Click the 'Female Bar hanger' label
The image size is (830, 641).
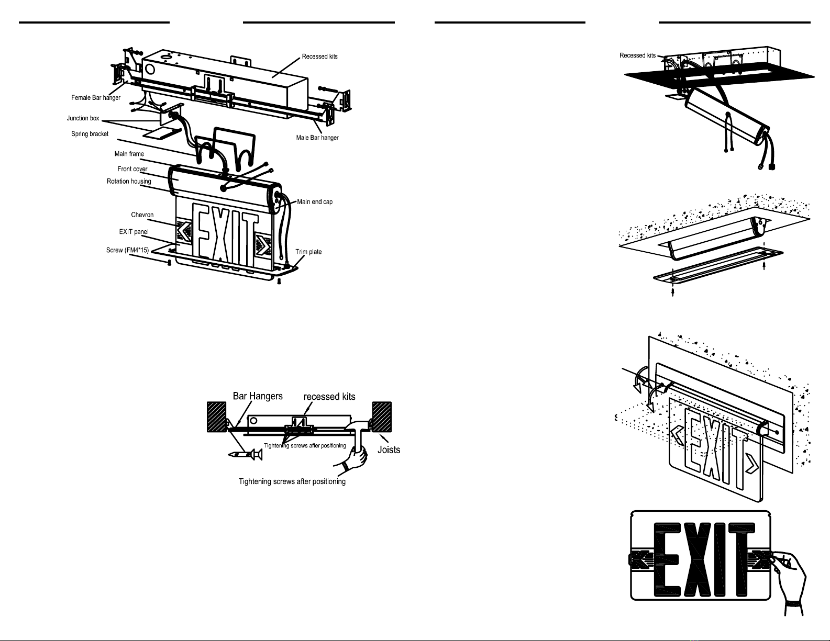96,98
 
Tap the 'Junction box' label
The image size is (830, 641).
83,118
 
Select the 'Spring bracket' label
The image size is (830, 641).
90,134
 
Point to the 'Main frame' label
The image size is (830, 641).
129,154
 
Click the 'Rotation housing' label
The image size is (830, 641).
129,181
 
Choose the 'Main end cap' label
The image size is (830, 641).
315,202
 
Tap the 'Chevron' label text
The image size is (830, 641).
142,215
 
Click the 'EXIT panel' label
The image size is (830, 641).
134,232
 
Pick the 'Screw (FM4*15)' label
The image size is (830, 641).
128,250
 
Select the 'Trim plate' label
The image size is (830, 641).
308,252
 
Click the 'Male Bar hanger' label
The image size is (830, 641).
317,138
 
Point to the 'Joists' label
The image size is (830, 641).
389,450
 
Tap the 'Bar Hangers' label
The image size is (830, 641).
258,396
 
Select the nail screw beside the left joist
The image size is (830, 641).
245,454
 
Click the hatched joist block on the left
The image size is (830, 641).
217,417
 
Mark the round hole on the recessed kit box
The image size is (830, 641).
149,70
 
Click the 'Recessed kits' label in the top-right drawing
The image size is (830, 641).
637,55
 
